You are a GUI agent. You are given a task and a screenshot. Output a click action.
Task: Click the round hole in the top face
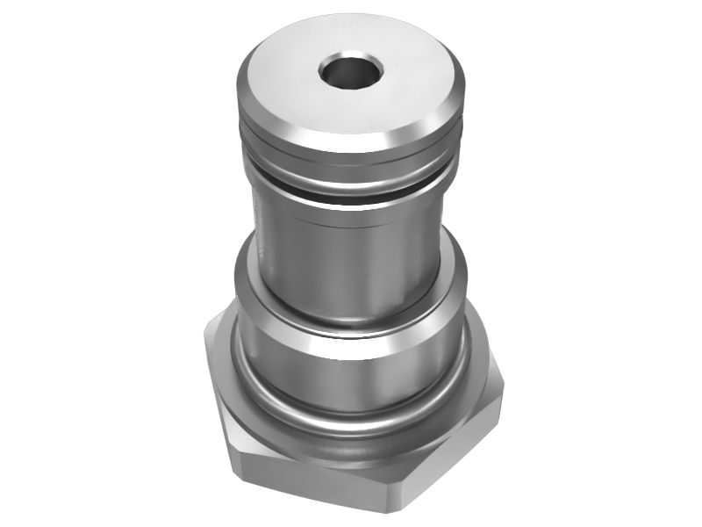click(x=351, y=73)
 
